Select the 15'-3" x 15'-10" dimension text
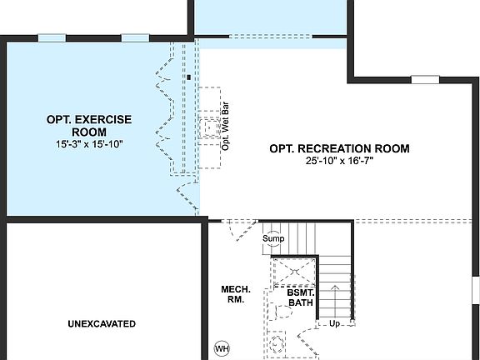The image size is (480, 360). click(89, 144)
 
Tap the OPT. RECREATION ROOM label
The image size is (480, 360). click(339, 149)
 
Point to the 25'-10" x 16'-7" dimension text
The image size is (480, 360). click(339, 162)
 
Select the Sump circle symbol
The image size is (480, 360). click(273, 238)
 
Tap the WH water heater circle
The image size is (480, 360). click(222, 347)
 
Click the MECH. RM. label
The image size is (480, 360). click(232, 294)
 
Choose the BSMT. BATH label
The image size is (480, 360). click(300, 298)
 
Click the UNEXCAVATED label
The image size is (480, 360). click(102, 323)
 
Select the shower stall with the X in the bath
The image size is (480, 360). click(293, 272)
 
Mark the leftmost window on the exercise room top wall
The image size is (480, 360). click(52, 37)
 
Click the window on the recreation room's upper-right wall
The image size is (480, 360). click(425, 80)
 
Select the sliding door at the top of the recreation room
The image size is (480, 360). click(270, 36)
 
